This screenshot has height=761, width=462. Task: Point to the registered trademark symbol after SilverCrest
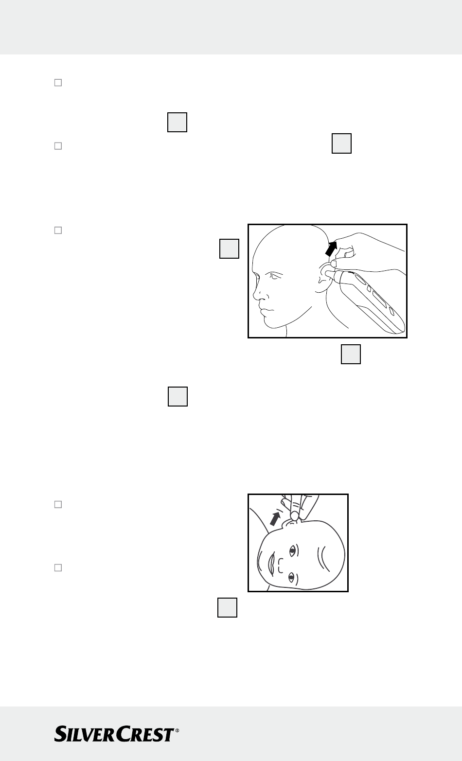[x=177, y=730]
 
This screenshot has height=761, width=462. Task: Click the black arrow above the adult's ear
[x=331, y=248]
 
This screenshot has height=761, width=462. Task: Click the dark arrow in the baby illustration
[x=275, y=519]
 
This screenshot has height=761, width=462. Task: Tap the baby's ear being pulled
[x=291, y=523]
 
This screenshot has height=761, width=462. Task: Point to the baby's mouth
[x=271, y=564]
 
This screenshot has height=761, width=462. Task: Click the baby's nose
[x=281, y=566]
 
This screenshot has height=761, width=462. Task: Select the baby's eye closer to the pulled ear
[x=292, y=550]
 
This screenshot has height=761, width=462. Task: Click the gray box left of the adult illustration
[x=230, y=248]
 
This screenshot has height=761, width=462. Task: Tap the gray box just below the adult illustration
[x=351, y=354]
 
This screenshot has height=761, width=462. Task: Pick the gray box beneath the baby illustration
[x=227, y=607]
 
